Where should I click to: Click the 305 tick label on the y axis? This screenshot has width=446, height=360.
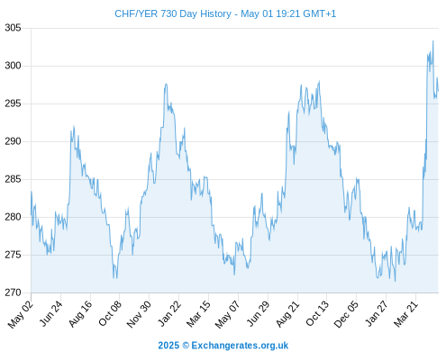[13, 28]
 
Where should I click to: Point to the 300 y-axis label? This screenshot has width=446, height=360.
[13, 66]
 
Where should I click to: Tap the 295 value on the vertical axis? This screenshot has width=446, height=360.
[13, 103]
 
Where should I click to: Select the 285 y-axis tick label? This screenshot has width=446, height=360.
[13, 179]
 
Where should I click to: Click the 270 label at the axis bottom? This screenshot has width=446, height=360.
[13, 292]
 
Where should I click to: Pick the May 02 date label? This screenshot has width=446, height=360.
[20, 314]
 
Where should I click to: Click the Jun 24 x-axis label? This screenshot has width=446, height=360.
[51, 313]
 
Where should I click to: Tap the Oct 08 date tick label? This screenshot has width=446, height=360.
[110, 313]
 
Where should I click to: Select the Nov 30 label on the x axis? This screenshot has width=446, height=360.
[139, 314]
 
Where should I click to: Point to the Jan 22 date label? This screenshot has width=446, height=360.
[169, 313]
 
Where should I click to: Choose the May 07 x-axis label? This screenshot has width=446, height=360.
[228, 314]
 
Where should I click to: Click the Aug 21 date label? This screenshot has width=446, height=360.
[287, 314]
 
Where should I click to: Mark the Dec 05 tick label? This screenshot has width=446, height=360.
[346, 314]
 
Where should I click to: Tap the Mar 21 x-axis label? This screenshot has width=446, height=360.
[405, 314]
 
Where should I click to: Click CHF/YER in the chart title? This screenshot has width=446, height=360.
[136, 13]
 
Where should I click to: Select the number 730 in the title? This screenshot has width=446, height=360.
[168, 13]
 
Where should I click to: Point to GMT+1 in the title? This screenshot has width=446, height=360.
[320, 13]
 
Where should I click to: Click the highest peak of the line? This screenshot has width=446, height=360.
[432, 41]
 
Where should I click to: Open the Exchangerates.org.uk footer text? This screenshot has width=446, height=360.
[240, 346]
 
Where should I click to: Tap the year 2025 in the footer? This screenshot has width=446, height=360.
[168, 346]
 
